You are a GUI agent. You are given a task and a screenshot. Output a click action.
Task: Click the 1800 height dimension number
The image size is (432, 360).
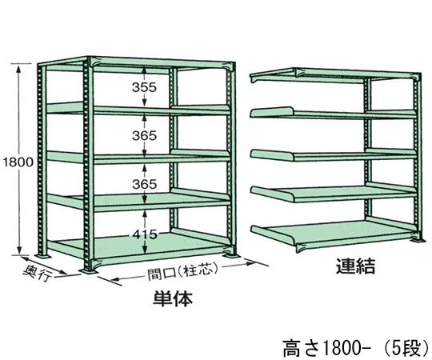tap(18, 162)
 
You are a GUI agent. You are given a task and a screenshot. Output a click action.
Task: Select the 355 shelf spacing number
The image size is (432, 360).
tap(144, 87)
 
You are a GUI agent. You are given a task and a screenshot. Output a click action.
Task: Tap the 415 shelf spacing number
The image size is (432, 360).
tap(145, 234)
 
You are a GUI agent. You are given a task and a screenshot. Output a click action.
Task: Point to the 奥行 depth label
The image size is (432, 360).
tap(37, 273)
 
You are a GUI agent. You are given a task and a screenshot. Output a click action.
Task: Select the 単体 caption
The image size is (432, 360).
tap(173, 299)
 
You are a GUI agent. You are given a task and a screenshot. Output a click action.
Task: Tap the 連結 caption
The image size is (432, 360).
tap(355, 266)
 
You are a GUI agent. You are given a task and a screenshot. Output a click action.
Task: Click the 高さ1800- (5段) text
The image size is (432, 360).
tap(356, 348)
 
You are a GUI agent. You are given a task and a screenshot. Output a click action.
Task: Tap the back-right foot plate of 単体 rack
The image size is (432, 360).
tap(231, 255)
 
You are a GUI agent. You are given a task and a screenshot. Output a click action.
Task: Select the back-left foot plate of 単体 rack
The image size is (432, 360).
tap(43, 256)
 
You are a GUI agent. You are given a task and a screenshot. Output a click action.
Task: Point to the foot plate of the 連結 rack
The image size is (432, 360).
tap(417, 240)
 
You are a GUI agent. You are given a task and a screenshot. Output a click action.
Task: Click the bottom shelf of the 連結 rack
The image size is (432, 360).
tap(334, 234)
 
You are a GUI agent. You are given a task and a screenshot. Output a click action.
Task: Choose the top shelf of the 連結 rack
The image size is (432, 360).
tap(334, 75)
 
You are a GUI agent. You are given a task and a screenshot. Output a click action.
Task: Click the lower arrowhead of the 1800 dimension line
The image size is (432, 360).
tap(19, 250)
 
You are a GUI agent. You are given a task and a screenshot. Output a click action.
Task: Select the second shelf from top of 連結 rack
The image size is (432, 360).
tap(334, 113)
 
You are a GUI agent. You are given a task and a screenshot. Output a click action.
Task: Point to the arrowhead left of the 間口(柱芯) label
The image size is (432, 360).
tap(114, 279)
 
